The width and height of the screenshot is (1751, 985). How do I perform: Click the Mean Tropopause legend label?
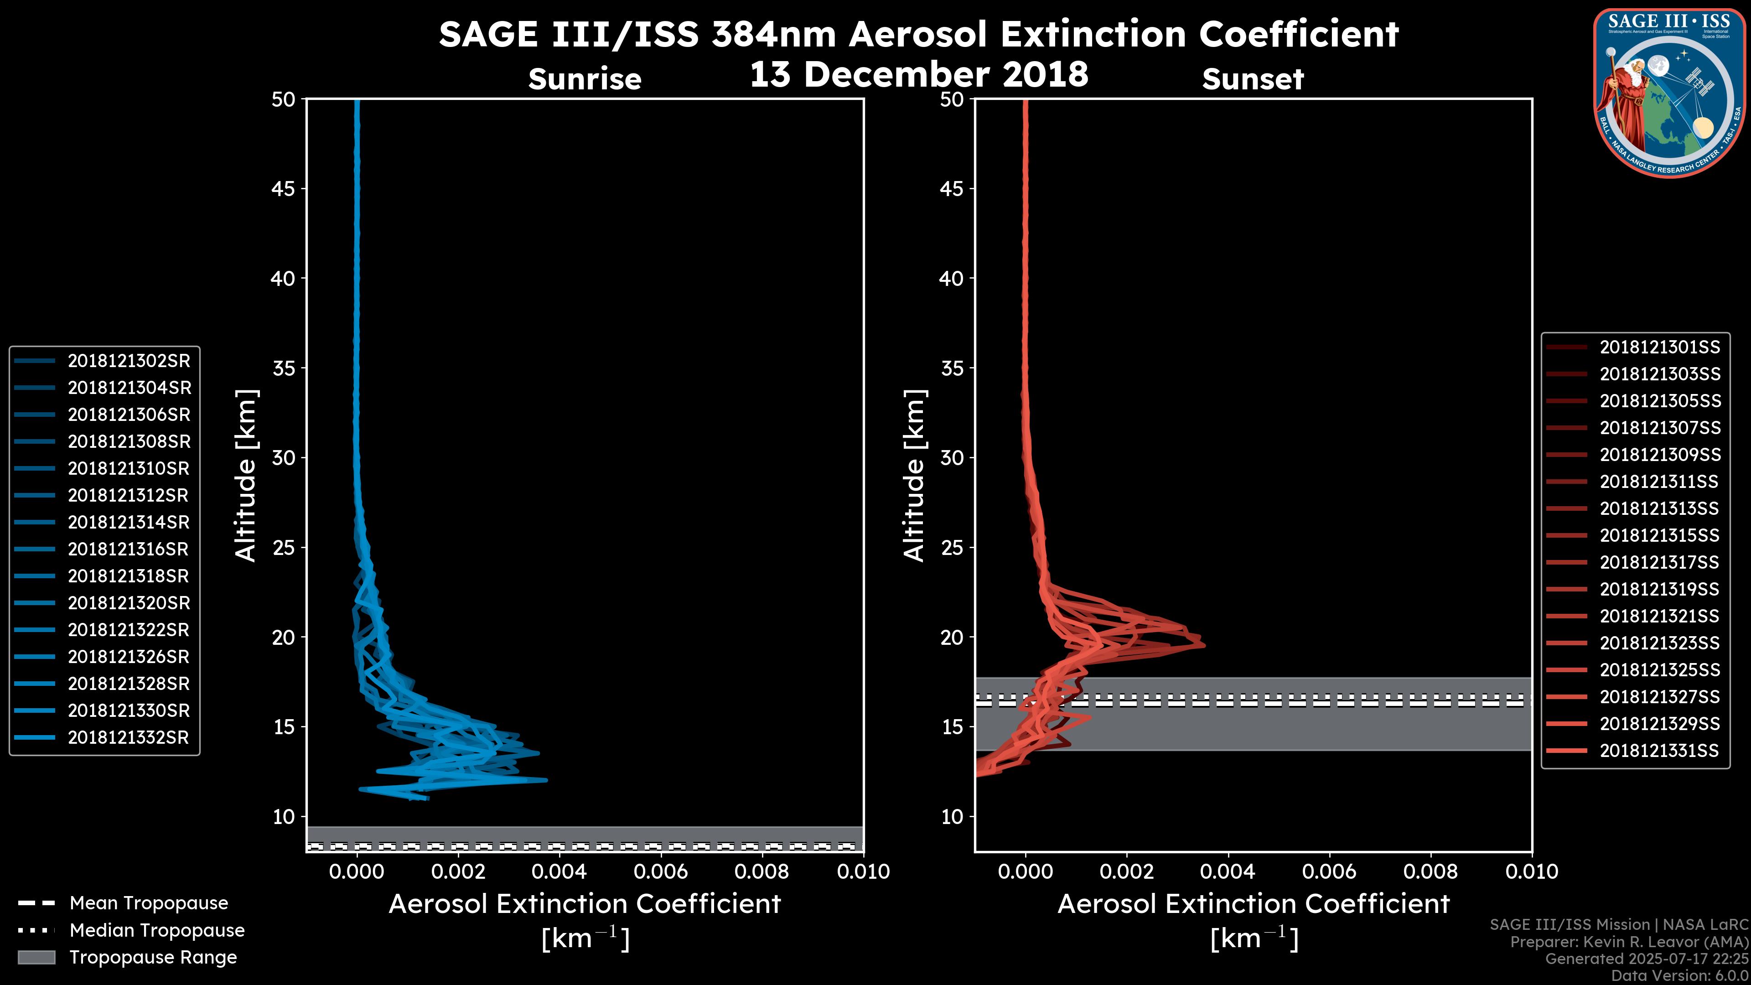point(149,903)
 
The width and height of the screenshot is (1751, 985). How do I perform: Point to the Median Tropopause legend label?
point(157,930)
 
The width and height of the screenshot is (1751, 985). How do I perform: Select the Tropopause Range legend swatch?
point(36,957)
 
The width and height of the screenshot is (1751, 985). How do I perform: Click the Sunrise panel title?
point(585,79)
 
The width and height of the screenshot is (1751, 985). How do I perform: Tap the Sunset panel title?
point(1253,79)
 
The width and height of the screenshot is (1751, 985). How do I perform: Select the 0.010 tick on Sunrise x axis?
point(863,871)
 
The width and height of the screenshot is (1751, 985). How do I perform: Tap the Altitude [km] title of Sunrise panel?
point(245,476)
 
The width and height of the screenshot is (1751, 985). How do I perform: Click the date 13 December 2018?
point(918,74)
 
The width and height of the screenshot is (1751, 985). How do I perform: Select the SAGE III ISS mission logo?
point(1668,93)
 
